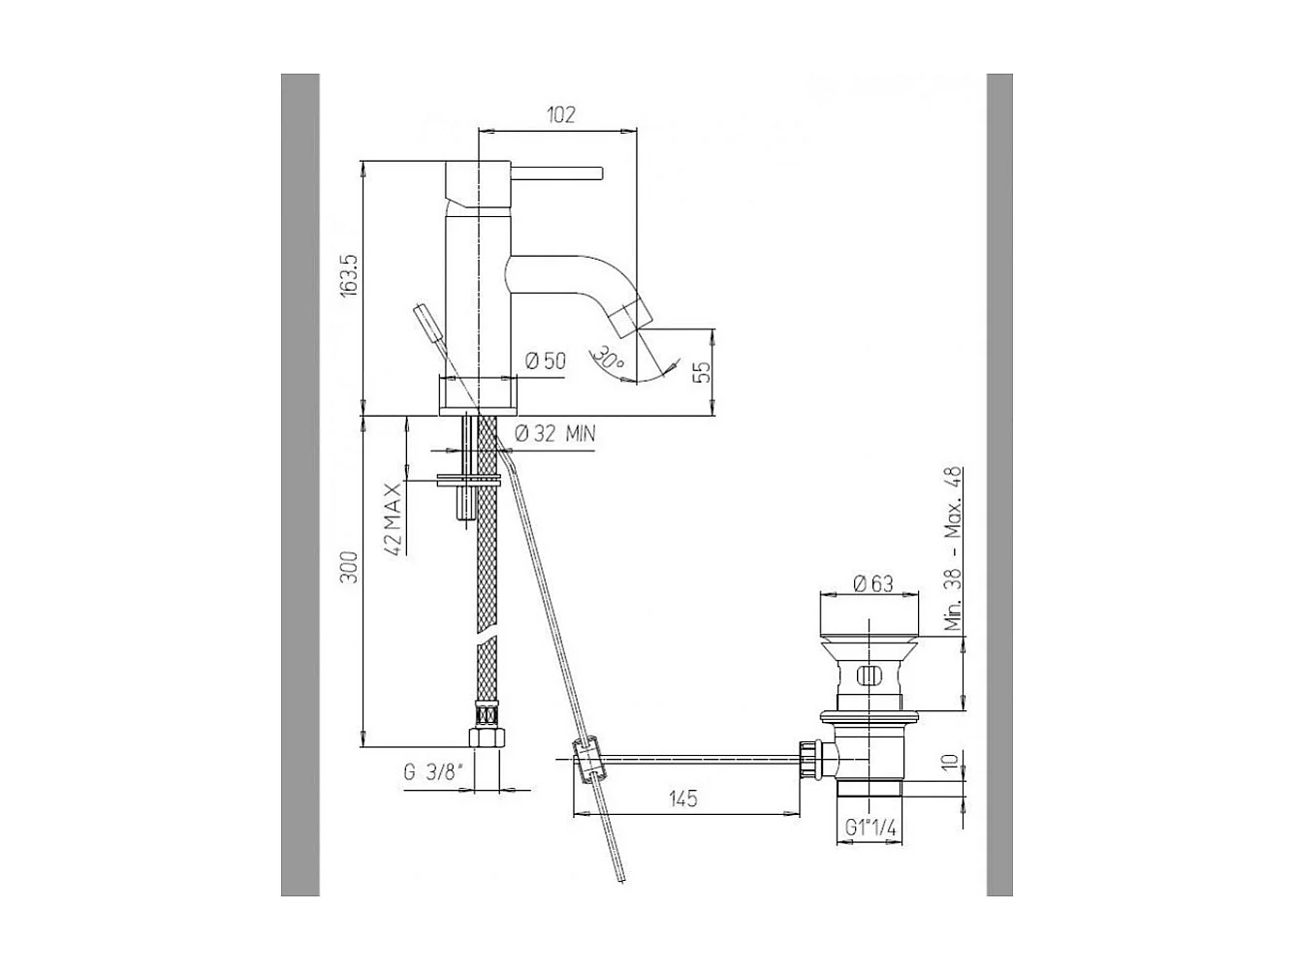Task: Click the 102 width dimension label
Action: click(560, 114)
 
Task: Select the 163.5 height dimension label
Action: click(350, 276)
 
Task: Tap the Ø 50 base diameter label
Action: click(545, 361)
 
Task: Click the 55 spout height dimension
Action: click(705, 372)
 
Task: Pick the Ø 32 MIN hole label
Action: click(554, 434)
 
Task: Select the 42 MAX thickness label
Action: click(393, 517)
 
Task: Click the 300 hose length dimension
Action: click(350, 567)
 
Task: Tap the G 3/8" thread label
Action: click(432, 773)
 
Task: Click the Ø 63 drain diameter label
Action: click(872, 583)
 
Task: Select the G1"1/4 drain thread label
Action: click(869, 829)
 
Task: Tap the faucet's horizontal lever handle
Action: click(557, 174)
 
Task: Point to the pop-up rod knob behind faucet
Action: click(424, 319)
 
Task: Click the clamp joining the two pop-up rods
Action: click(587, 758)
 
